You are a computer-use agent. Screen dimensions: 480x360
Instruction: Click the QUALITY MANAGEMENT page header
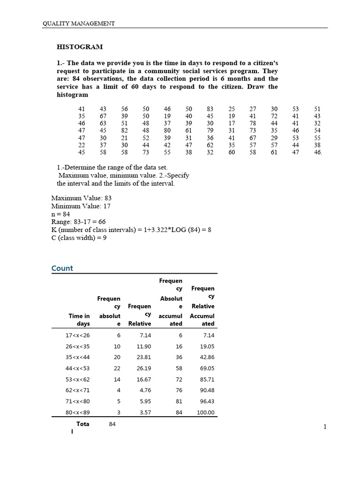click(79, 23)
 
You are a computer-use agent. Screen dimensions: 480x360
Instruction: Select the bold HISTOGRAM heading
click(80, 47)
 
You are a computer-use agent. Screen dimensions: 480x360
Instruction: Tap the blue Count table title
click(62, 268)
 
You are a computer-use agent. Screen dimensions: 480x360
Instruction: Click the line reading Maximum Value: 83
click(81, 198)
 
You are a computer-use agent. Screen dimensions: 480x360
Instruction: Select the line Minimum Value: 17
click(81, 206)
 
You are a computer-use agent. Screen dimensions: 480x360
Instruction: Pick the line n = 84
click(60, 214)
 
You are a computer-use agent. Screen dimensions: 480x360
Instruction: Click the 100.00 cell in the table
click(205, 412)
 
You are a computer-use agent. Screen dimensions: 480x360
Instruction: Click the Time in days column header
click(79, 320)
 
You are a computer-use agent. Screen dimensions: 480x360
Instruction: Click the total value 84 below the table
click(112, 424)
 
